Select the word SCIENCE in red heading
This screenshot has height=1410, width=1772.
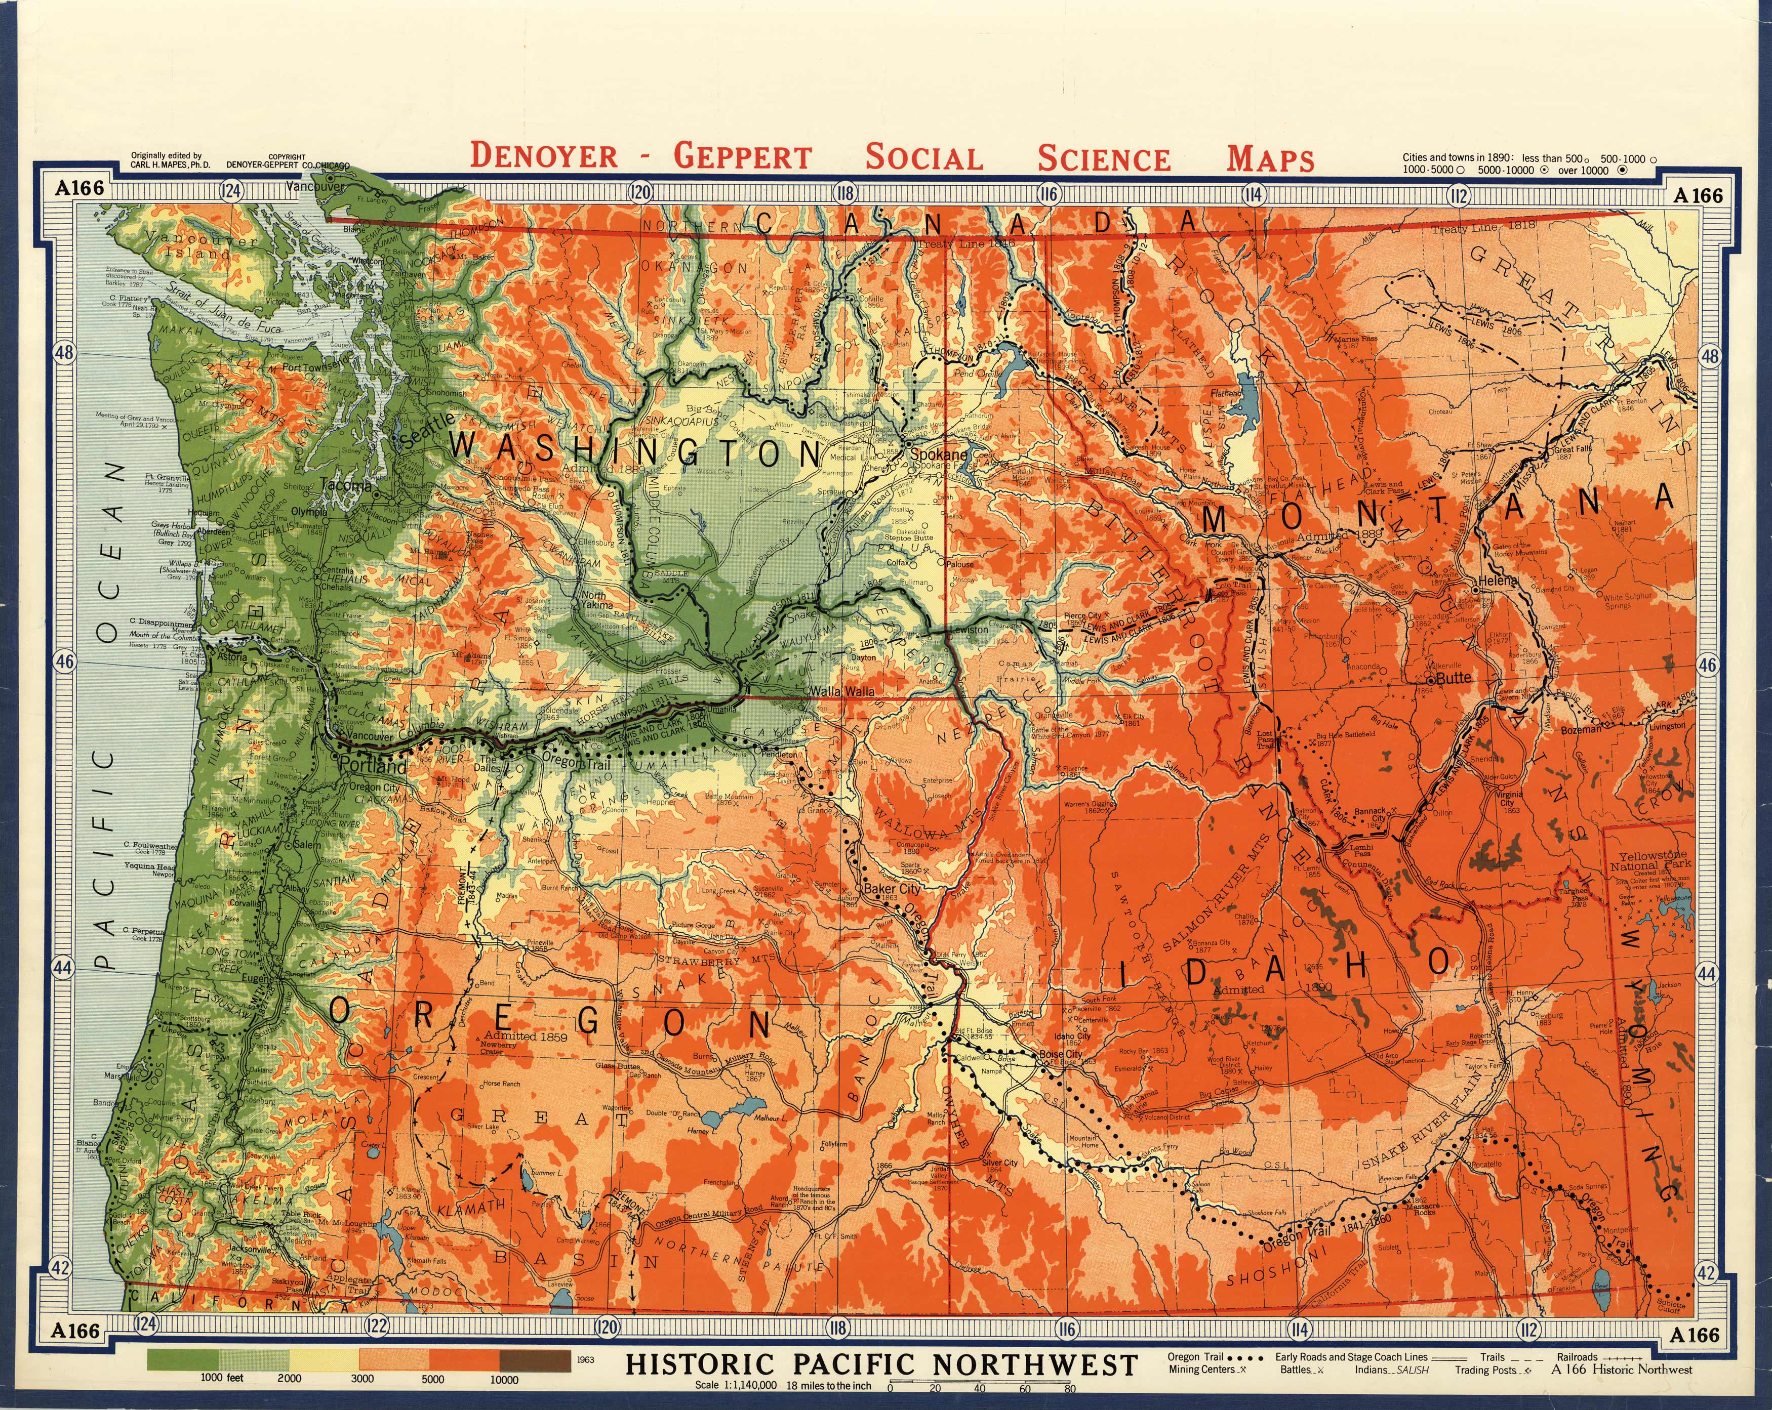click(x=1103, y=158)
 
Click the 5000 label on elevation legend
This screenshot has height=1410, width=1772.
click(x=433, y=1380)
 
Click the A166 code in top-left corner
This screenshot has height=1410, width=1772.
click(x=79, y=188)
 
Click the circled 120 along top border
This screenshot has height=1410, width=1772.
click(x=640, y=193)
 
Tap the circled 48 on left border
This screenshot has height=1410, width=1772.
click(x=63, y=353)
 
